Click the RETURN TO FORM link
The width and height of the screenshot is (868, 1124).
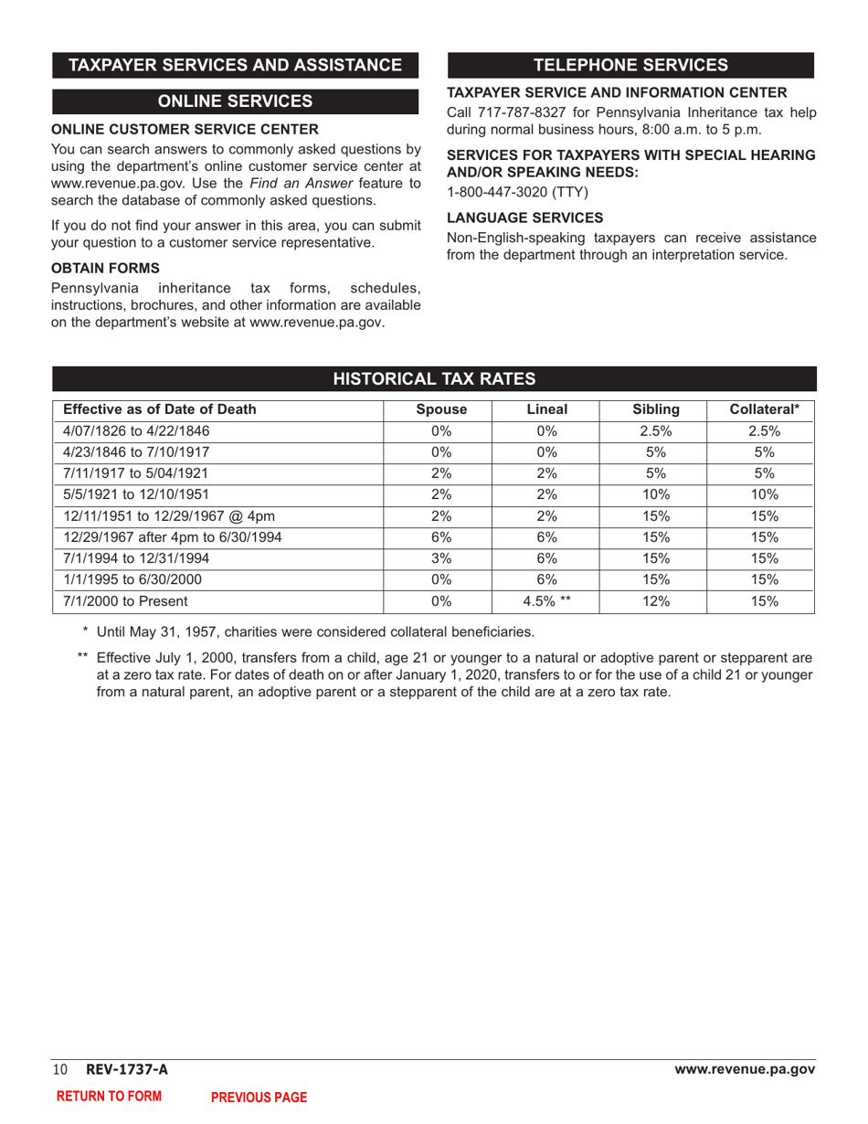point(110,1097)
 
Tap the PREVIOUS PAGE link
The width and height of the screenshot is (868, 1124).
point(259,1097)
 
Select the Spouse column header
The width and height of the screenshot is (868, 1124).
point(441,410)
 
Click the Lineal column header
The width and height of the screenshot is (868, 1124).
point(547,410)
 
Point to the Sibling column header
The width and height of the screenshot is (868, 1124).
point(655,410)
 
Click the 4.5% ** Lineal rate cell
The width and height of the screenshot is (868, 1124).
point(547,601)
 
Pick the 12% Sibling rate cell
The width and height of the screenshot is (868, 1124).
point(655,601)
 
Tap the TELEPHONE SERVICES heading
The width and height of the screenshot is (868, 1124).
point(630,65)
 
